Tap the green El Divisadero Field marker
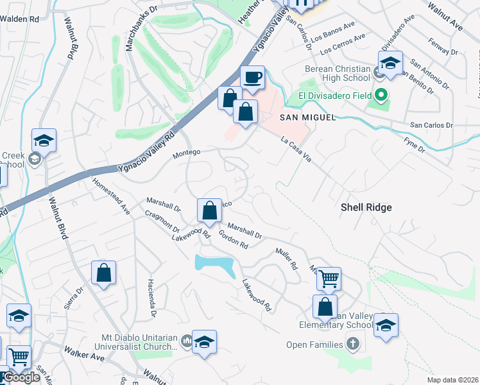coord(382,97)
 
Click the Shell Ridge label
coord(365,207)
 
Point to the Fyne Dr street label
coord(414,144)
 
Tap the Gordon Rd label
coord(234,239)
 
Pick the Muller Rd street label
coord(287,258)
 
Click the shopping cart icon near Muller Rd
coord(328,278)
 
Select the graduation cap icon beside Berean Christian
coord(390,63)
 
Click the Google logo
coord(21,378)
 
